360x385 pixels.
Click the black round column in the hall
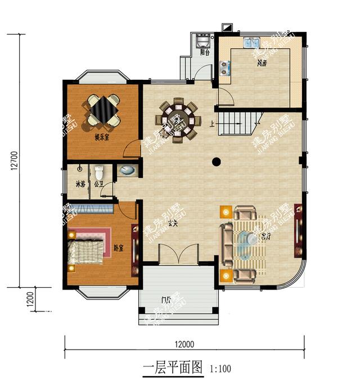[x=216, y=162]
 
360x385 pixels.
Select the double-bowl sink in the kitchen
[x=251, y=43]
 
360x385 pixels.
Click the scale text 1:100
[x=220, y=369]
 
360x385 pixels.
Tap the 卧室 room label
[x=118, y=248]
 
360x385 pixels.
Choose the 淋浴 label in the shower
[x=81, y=184]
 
